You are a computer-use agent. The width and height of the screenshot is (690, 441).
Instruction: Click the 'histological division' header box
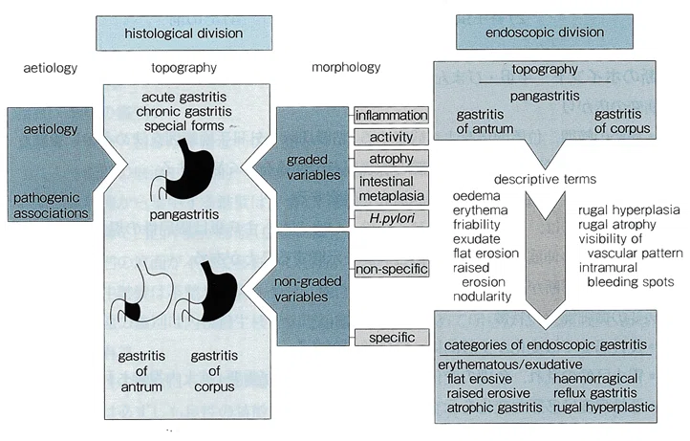pos(183,33)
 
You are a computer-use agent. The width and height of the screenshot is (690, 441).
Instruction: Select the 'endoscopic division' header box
pos(545,32)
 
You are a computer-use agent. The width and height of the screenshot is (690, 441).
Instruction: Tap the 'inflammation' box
pos(391,116)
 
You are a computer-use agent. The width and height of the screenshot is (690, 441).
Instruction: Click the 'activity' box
pos(391,137)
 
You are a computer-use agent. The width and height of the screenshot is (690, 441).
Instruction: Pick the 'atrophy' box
pos(391,159)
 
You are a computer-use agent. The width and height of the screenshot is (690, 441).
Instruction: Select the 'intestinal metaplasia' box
pos(391,188)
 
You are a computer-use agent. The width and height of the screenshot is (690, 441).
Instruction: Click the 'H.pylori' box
pos(391,218)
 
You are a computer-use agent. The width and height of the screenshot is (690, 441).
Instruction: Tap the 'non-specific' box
pos(392,269)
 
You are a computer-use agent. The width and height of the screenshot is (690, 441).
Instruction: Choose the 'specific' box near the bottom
pos(392,338)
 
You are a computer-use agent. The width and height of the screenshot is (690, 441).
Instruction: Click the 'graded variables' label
pos(313,167)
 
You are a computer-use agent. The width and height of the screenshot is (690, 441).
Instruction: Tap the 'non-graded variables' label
pos(308,289)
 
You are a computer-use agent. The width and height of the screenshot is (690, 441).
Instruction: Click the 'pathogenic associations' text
pos(51,206)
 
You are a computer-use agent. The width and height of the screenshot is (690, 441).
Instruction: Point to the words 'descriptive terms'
pos(545,179)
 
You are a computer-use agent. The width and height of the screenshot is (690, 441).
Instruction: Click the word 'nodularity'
pos(482,296)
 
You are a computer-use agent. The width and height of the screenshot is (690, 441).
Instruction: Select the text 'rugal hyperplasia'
pos(629,209)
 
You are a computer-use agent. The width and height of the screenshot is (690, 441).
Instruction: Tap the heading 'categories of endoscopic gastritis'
pos(546,344)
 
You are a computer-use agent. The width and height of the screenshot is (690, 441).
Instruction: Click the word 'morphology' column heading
pos(346,67)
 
